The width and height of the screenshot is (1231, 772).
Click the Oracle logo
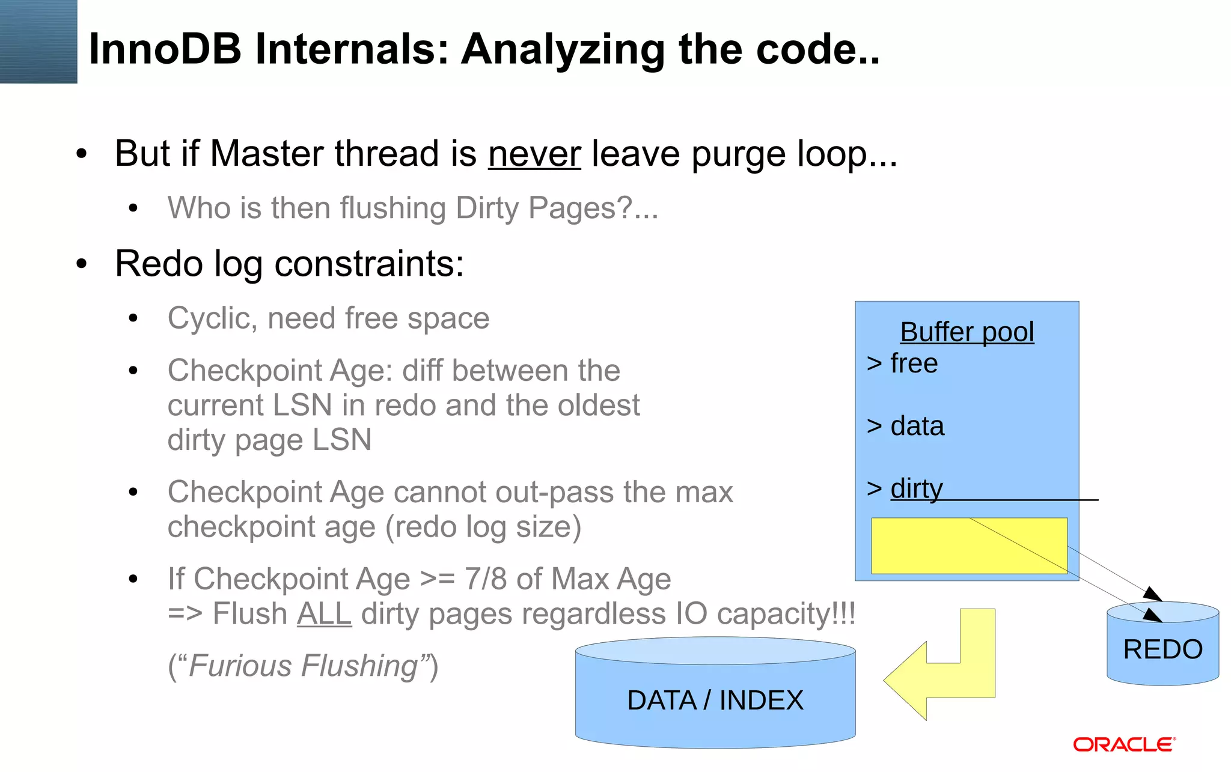coord(1124,744)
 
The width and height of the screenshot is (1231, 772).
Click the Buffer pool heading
coord(967,332)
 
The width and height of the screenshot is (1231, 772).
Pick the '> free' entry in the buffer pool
coord(902,363)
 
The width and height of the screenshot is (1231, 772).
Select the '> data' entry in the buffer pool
coord(905,426)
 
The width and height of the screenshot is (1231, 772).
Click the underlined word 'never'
coord(534,154)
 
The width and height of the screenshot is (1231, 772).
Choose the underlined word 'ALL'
coord(324,614)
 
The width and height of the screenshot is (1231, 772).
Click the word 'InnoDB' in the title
coord(165,49)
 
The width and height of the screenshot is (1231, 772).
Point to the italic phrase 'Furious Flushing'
coord(303,666)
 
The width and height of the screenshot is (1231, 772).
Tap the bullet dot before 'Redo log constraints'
coord(82,264)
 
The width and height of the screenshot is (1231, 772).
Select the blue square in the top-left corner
coord(38,41)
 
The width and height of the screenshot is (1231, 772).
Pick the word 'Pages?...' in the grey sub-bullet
coord(593,208)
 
